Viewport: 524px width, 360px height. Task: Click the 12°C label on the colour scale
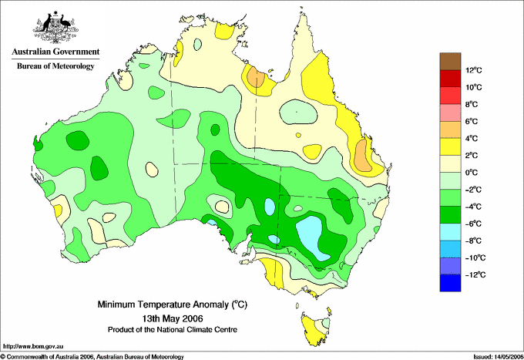tap(474, 70)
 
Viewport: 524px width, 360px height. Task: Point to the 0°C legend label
tap(472, 173)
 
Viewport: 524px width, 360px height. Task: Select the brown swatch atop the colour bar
tap(450, 61)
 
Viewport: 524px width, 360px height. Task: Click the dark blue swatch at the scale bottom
tap(450, 283)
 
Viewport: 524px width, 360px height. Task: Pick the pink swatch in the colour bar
tap(450, 113)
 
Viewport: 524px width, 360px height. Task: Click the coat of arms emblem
tap(55, 27)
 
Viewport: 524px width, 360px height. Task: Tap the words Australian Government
tap(55, 52)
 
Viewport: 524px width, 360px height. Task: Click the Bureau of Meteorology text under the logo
tap(55, 66)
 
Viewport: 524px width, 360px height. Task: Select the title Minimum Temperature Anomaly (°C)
tap(172, 304)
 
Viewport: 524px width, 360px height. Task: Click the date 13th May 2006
tap(173, 318)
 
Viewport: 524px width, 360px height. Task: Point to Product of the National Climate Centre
tap(173, 330)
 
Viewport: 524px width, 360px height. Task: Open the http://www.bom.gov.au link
tap(33, 347)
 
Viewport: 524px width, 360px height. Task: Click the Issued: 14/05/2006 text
tap(498, 357)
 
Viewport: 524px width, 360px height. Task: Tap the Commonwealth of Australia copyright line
tap(92, 357)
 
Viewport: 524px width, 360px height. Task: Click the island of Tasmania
tap(315, 330)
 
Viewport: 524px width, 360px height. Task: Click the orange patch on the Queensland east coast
tap(362, 156)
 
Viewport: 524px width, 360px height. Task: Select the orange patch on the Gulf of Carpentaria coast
tap(256, 78)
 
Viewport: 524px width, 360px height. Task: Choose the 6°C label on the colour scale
tap(472, 121)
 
